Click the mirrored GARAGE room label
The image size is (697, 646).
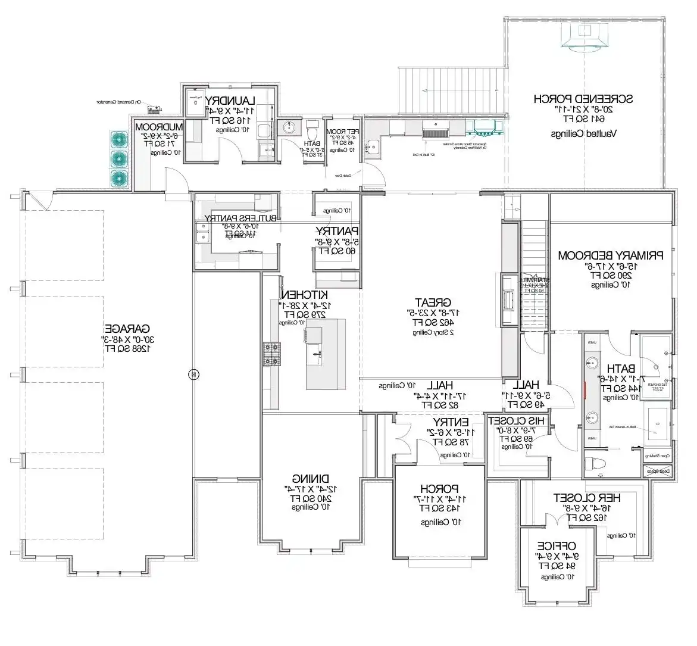(x=127, y=328)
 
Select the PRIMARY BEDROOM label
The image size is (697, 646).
(x=610, y=255)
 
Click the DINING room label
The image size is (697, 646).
(x=311, y=478)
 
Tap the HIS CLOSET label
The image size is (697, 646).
(x=512, y=420)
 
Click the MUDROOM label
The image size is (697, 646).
(x=158, y=127)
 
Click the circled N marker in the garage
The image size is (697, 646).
(x=192, y=374)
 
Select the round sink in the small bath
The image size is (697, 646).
(x=291, y=127)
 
